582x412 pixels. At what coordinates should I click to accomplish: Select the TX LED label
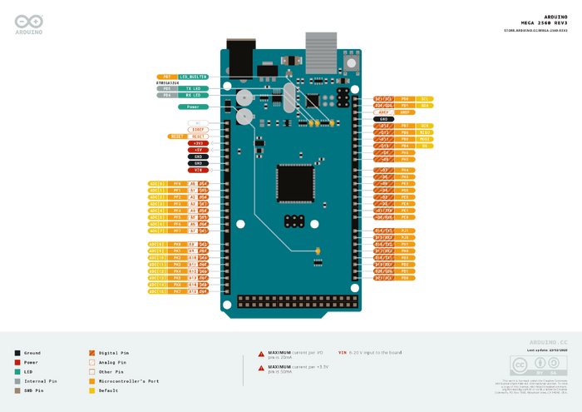pyautogui.click(x=193, y=87)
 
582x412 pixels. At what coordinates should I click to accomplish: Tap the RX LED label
pyautogui.click(x=193, y=95)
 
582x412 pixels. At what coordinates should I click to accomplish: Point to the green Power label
pyautogui.click(x=193, y=107)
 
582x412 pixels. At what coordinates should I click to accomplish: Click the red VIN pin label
pyautogui.click(x=199, y=170)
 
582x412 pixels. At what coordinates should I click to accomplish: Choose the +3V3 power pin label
pyautogui.click(x=199, y=143)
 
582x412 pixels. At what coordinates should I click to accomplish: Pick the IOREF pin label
pyautogui.click(x=199, y=129)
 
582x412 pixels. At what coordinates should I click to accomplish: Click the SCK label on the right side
pyautogui.click(x=425, y=126)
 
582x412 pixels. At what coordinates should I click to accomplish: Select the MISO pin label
pyautogui.click(x=425, y=132)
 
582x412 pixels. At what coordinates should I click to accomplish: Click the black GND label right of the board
pyautogui.click(x=384, y=119)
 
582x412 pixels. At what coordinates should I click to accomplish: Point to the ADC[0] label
pyautogui.click(x=156, y=183)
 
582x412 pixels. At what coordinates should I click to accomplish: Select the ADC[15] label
pyautogui.click(x=156, y=292)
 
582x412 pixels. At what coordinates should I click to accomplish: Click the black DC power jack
pyautogui.click(x=240, y=55)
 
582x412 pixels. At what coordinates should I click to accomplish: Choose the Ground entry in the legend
pyautogui.click(x=32, y=353)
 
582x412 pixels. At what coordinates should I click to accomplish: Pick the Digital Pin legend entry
pyautogui.click(x=111, y=353)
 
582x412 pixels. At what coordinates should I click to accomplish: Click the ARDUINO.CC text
pyautogui.click(x=548, y=342)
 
